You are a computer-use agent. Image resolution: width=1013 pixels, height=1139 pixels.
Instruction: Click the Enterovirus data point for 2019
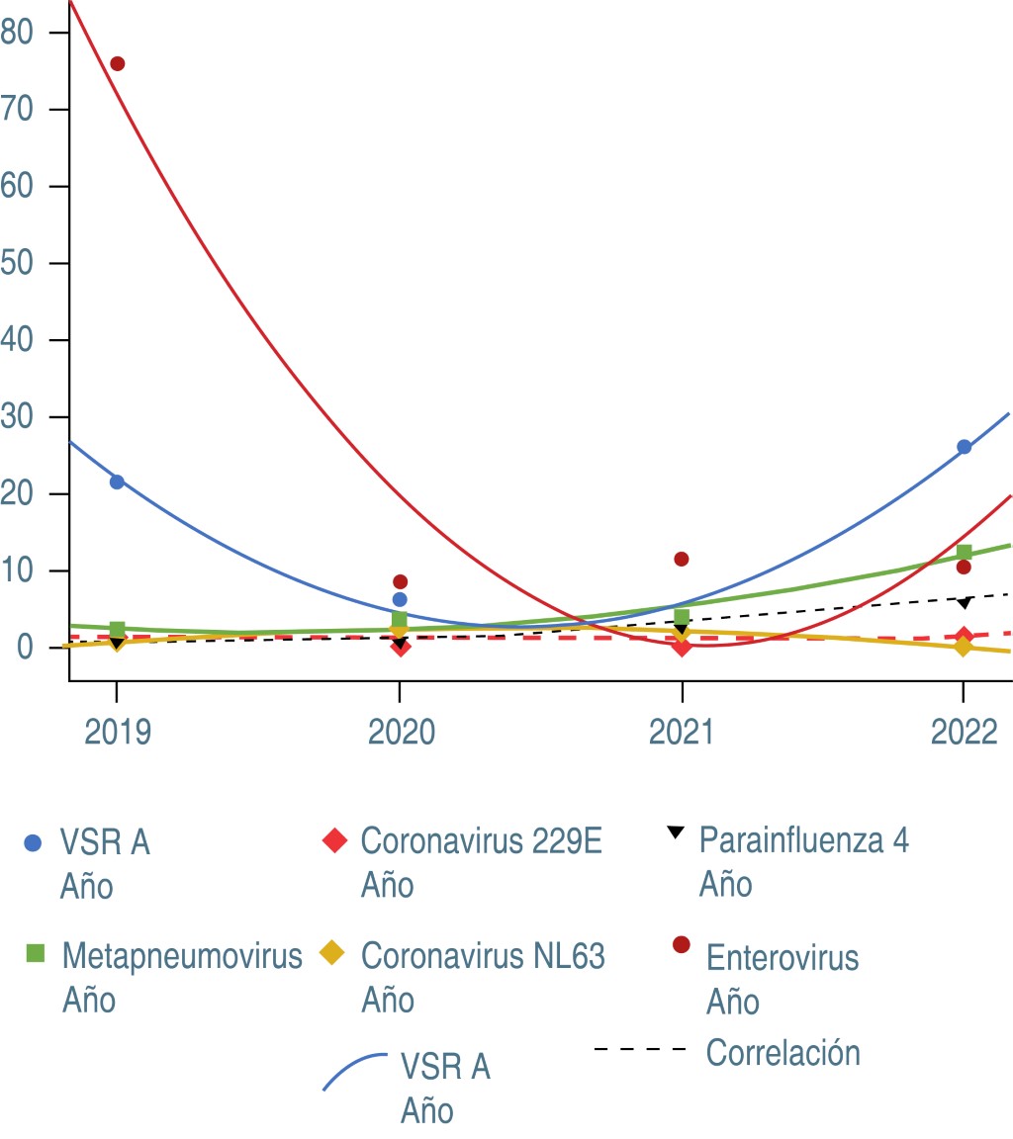pyautogui.click(x=118, y=64)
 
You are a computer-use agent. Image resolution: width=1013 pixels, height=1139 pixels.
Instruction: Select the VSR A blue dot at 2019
pyautogui.click(x=117, y=482)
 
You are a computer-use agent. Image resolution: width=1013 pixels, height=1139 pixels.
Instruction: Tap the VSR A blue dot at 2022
pyautogui.click(x=964, y=447)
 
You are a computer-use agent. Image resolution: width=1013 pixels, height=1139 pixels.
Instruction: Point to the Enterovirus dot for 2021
pyautogui.click(x=682, y=559)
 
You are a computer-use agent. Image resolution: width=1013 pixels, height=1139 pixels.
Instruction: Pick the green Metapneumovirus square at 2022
pyautogui.click(x=965, y=552)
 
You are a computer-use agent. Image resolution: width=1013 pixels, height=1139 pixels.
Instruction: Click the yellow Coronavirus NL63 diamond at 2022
pyautogui.click(x=964, y=647)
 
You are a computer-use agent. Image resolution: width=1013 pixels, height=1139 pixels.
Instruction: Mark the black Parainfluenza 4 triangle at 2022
pyautogui.click(x=965, y=602)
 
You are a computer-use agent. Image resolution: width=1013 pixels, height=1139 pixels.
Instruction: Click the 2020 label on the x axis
pyautogui.click(x=399, y=733)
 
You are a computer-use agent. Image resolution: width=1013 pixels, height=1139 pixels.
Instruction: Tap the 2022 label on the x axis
pyautogui.click(x=964, y=733)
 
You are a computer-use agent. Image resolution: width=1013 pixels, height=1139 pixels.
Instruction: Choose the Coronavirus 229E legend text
pyautogui.click(x=482, y=841)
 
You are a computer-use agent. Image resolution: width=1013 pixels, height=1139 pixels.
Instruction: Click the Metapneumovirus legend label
pyautogui.click(x=182, y=956)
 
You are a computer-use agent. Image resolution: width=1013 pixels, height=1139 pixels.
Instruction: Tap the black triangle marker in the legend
pyautogui.click(x=675, y=832)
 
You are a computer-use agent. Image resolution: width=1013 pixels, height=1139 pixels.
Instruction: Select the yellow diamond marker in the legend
pyautogui.click(x=332, y=954)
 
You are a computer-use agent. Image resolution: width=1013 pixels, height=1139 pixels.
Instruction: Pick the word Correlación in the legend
pyautogui.click(x=783, y=1053)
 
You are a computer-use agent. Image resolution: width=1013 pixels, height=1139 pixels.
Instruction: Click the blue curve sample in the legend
pyautogui.click(x=355, y=1070)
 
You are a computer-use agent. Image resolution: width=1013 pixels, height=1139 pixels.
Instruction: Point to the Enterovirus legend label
pyautogui.click(x=782, y=958)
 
